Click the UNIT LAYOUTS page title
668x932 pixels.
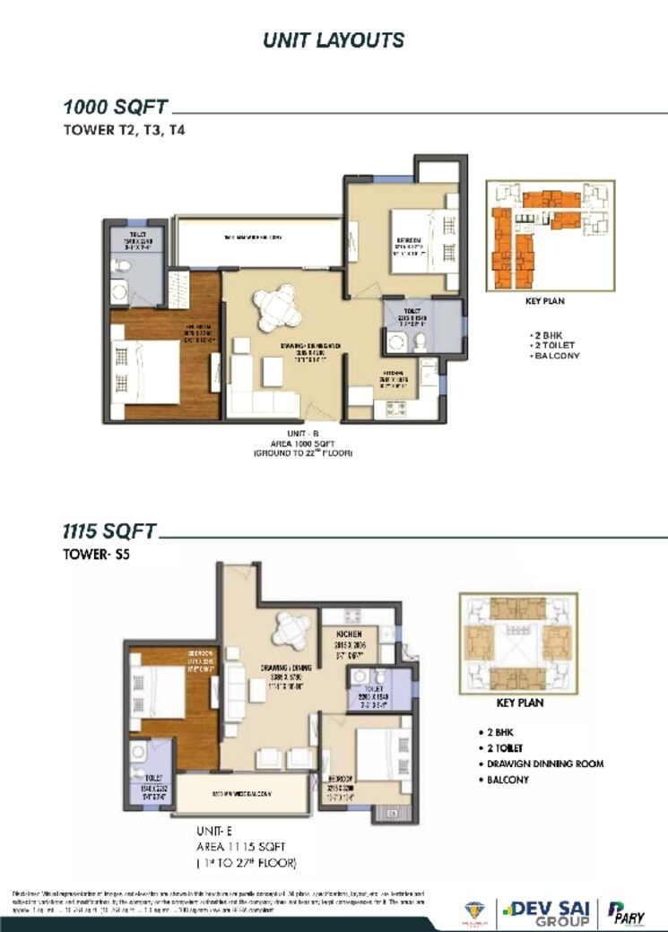coord(334,40)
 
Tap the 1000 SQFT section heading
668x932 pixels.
coord(115,107)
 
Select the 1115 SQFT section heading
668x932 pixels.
coord(109,531)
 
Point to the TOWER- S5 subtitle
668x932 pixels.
coord(97,554)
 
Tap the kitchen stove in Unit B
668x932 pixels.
coord(395,409)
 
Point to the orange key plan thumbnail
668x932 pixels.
coord(551,234)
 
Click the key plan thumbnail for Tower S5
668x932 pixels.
coord(514,641)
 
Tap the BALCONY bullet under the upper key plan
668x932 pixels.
coord(556,356)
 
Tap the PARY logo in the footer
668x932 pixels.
coord(629,910)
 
